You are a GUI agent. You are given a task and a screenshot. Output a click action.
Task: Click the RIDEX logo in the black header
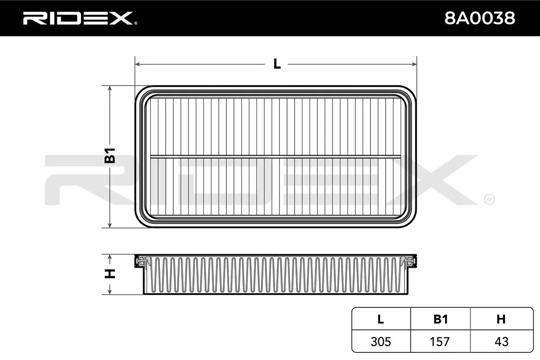point(80,18)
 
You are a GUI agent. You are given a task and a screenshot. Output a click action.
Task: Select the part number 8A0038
point(480,18)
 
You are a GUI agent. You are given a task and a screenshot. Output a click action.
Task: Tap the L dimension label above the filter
point(277,64)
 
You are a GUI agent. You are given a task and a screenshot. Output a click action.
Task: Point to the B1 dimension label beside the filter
point(110,156)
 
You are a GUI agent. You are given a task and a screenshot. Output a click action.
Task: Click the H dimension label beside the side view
point(110,274)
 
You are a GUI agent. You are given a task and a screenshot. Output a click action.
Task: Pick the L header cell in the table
point(381,319)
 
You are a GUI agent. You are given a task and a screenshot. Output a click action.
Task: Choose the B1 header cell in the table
point(441,319)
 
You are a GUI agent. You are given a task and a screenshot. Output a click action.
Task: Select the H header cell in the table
point(501,319)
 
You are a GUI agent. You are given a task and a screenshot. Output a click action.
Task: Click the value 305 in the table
point(381,342)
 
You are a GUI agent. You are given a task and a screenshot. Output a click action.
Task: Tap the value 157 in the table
point(440,342)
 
